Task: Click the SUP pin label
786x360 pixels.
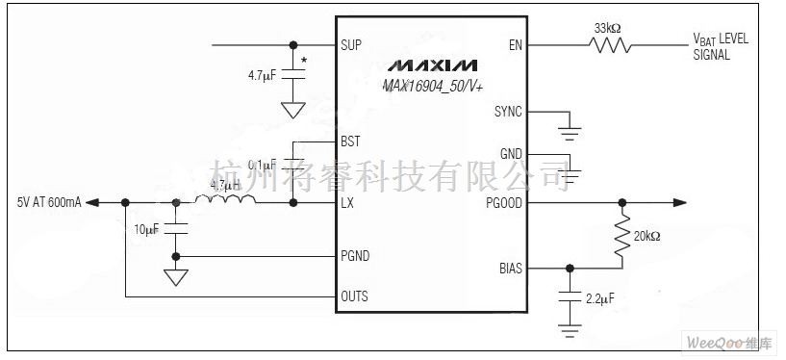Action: tap(350, 45)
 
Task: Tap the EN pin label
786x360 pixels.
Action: tap(515, 45)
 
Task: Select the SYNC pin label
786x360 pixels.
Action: tap(507, 112)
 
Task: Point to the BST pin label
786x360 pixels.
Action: tap(350, 141)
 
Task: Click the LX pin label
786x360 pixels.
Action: tap(347, 203)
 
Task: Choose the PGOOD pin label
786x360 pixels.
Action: tap(504, 203)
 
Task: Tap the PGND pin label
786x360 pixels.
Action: tap(354, 256)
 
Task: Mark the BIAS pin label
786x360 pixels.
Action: tap(510, 269)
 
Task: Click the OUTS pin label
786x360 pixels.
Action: tap(354, 296)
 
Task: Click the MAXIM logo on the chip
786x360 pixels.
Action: tap(432, 67)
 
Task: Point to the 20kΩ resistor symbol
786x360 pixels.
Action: tap(622, 235)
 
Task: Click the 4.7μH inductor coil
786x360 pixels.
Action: tap(225, 202)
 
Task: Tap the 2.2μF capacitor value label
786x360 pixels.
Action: tap(599, 299)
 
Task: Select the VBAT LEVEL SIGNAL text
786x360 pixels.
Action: tap(720, 47)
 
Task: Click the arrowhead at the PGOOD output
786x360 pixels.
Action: tap(679, 202)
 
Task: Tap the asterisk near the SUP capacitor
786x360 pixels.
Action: tap(304, 62)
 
